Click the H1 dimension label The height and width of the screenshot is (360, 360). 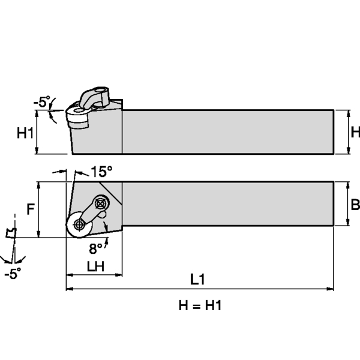pos(25,133)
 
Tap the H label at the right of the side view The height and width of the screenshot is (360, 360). pos(355,131)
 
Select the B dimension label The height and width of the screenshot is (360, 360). pos(355,205)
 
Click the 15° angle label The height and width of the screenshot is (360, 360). pos(102,172)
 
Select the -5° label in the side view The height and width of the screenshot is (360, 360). pos(41,102)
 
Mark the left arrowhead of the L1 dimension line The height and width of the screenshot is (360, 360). pos(68,289)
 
